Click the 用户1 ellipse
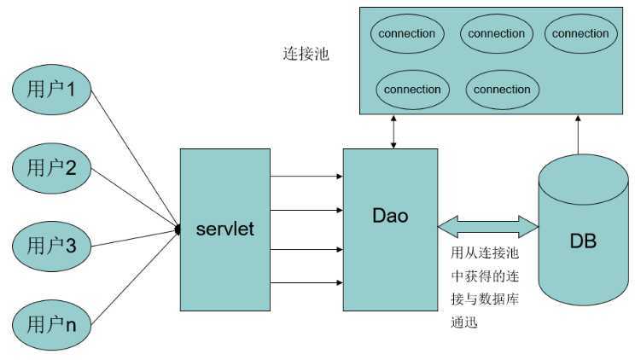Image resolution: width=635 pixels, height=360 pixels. (52, 90)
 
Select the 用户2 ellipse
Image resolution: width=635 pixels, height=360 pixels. (52, 168)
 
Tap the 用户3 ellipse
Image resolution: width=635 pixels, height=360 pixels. (52, 247)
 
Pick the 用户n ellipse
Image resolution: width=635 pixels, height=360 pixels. (52, 325)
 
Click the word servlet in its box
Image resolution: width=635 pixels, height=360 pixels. (225, 229)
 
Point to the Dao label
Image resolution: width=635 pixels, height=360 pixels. (390, 216)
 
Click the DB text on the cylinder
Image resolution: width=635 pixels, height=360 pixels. (583, 241)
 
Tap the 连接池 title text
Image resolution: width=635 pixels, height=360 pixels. (306, 54)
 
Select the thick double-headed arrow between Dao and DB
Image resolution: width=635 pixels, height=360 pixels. (488, 227)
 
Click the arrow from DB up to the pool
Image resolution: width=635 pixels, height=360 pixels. (578, 135)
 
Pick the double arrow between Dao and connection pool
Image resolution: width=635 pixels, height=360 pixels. (393, 132)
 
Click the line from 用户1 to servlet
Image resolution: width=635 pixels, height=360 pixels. (135, 160)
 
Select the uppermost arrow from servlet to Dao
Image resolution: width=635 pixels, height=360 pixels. (306, 176)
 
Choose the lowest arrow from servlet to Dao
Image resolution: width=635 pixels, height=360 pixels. (306, 282)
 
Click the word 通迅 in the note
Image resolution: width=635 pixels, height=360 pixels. (464, 322)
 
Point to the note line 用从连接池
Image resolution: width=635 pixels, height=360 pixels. (485, 253)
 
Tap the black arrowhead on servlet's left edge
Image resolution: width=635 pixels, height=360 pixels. (178, 229)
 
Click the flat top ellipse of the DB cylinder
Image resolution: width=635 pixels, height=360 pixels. (583, 180)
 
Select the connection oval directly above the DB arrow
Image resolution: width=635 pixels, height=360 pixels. (580, 34)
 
